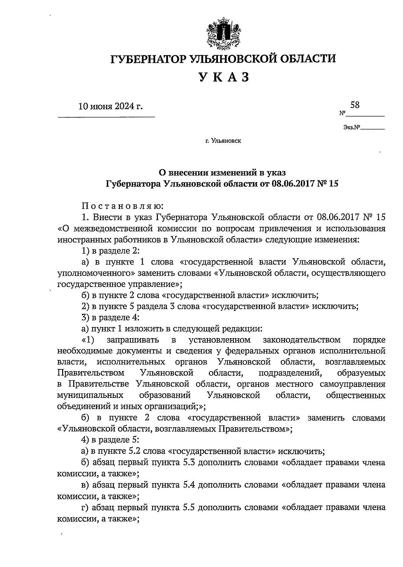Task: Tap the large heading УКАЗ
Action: point(224,77)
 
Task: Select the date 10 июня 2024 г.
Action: point(110,107)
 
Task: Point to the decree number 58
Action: point(355,105)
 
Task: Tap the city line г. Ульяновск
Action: point(223,141)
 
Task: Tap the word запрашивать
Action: point(132,340)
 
